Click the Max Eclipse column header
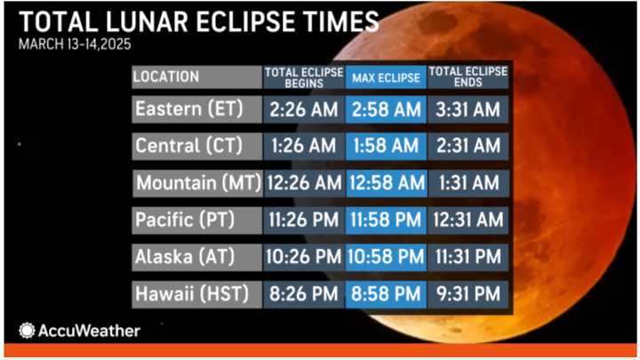[x=386, y=76]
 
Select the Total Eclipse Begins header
[x=303, y=76]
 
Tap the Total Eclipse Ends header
[x=468, y=76]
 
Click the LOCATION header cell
[x=196, y=76]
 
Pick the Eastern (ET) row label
[x=196, y=110]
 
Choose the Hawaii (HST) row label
[x=196, y=293]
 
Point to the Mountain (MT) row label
[x=196, y=183]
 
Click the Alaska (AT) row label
[x=196, y=257]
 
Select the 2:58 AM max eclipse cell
[x=386, y=110]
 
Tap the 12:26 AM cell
[x=303, y=183]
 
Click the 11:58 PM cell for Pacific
[x=386, y=220]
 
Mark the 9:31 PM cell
[x=468, y=293]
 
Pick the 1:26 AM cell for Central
[x=303, y=147]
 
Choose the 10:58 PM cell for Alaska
[x=386, y=257]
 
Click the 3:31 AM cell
[x=468, y=110]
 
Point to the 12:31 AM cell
[x=468, y=220]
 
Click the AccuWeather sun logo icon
[x=27, y=331]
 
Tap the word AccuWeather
[x=89, y=331]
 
